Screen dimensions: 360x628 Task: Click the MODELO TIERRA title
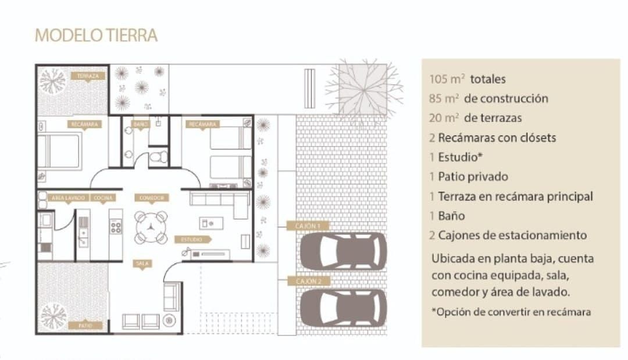96,35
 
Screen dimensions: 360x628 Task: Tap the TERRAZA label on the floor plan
88,76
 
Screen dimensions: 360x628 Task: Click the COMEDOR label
152,198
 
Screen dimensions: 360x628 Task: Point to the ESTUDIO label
192,239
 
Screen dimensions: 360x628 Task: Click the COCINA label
103,198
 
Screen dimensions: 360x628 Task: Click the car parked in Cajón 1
343,251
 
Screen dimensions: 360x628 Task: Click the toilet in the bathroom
158,156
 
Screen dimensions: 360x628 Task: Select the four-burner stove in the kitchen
116,226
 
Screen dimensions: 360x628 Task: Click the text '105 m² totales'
468,79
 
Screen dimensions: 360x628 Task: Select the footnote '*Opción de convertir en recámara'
511,312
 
